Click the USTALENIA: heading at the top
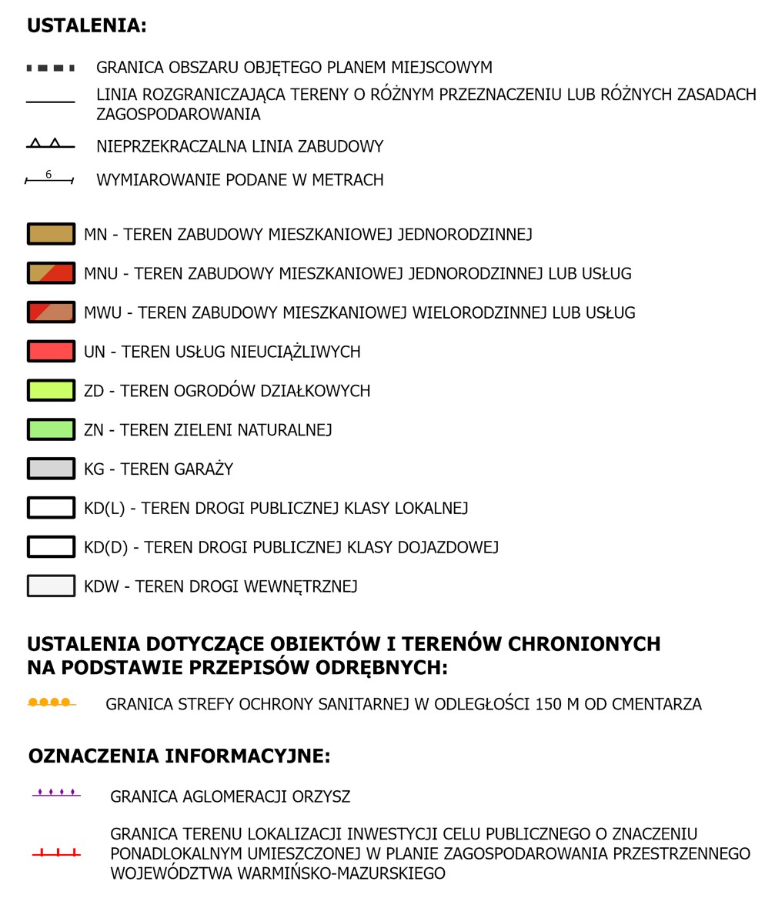click(86, 25)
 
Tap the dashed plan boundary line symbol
click(51, 68)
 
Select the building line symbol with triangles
click(51, 145)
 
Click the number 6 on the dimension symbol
click(48, 175)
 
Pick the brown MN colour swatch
click(51, 234)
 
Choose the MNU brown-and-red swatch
click(51, 273)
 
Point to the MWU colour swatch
click(51, 312)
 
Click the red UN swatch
click(51, 352)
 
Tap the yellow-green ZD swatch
click(51, 390)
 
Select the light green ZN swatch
click(51, 429)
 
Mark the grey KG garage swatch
click(51, 469)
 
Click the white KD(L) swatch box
click(51, 508)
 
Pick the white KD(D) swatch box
click(51, 547)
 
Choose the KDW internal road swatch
click(51, 586)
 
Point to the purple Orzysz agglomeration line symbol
click(56, 793)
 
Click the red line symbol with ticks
click(56, 853)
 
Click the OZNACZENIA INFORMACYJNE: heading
click(179, 756)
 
